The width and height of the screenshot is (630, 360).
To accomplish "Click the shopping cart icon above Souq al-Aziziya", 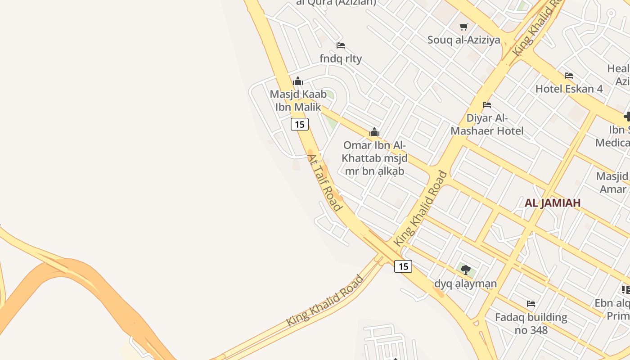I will click(464, 27).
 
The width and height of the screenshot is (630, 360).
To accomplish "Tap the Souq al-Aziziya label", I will click(463, 40).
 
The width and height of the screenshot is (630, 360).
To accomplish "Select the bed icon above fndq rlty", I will click(341, 45).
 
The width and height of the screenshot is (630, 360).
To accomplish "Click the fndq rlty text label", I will click(341, 58).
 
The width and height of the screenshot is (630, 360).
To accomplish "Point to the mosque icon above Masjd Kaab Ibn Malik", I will click(298, 81).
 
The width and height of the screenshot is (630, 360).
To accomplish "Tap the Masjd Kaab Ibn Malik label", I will click(298, 101).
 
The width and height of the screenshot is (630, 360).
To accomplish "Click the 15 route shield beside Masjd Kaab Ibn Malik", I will click(300, 124).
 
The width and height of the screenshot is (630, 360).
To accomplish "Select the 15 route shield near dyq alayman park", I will click(403, 266).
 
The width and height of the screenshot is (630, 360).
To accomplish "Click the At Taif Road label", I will click(324, 182).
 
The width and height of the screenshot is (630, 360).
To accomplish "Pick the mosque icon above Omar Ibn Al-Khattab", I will click(374, 132).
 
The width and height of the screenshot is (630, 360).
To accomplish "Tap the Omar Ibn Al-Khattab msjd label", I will click(374, 158).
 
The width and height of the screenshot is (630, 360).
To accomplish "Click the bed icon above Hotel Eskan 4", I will click(569, 76).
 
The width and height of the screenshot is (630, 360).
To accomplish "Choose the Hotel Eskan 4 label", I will click(569, 89).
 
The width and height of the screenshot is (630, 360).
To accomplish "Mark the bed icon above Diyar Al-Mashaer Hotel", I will click(487, 105).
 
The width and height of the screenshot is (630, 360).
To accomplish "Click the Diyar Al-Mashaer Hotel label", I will click(487, 125).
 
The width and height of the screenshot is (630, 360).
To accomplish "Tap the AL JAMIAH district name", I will click(553, 202).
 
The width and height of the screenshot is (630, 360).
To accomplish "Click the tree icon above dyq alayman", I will click(466, 270).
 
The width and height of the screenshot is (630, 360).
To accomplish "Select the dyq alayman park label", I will click(466, 283).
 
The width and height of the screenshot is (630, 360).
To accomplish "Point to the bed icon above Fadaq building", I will click(531, 304).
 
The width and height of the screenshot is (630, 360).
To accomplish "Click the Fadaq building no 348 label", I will click(531, 324).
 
